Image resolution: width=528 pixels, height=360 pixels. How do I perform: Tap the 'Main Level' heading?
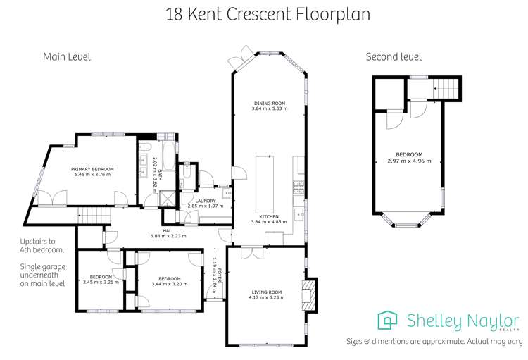coord(67,56)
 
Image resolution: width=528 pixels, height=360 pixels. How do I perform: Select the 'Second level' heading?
coord(394,56)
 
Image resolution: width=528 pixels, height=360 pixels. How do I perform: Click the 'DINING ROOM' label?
coord(270,104)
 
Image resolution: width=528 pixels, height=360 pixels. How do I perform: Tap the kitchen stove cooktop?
coord(298,187)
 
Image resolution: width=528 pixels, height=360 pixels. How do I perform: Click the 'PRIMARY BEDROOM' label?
coord(92,170)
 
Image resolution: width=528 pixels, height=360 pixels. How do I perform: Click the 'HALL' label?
coord(168,230)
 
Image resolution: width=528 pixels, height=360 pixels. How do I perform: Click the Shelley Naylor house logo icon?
coord(388,321)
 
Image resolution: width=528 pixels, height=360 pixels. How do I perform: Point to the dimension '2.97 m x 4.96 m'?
coord(409,160)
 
